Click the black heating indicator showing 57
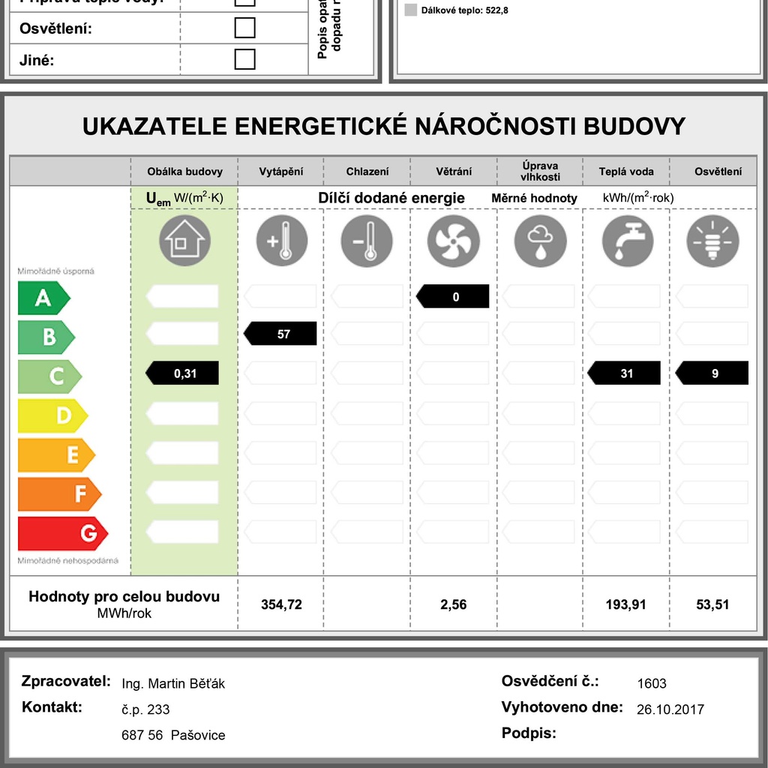pyautogui.click(x=281, y=334)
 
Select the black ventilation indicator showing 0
pyautogui.click(x=453, y=297)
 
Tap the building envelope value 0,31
pyautogui.click(x=183, y=373)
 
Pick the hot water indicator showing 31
pyautogui.click(x=625, y=373)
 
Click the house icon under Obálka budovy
pyautogui.click(x=184, y=241)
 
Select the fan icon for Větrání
pyautogui.click(x=453, y=241)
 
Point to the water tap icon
pyautogui.click(x=627, y=241)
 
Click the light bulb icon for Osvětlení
pyautogui.click(x=712, y=241)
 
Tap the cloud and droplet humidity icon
pyautogui.click(x=539, y=241)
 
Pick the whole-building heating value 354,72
pyautogui.click(x=281, y=604)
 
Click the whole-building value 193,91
pyautogui.click(x=625, y=604)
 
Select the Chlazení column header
pyautogui.click(x=367, y=172)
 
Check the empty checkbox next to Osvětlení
pyautogui.click(x=244, y=28)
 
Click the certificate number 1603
pyautogui.click(x=651, y=683)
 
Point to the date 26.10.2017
pyautogui.click(x=670, y=709)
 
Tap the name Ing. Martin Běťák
pyautogui.click(x=173, y=683)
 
